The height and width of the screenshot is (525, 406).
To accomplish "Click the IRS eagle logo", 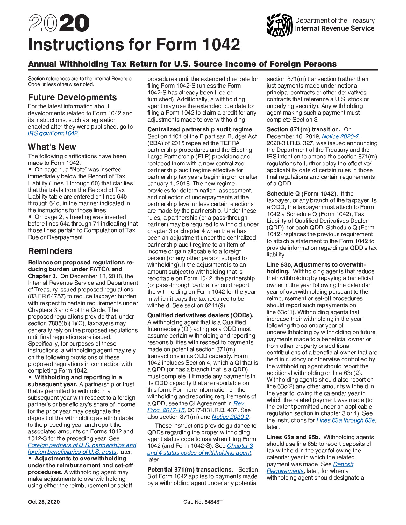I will point(279,25).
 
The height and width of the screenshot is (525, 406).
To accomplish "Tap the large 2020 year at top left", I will point(59,24).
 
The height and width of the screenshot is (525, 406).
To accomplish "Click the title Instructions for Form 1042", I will point(134,45).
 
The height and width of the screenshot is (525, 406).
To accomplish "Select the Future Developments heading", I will point(72,97).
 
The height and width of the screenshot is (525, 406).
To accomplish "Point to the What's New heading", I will point(52,147).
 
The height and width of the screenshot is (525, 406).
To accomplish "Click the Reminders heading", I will point(50,251).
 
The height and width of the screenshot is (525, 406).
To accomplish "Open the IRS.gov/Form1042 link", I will point(53,133).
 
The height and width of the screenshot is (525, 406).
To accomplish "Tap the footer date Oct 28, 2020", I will point(44,502).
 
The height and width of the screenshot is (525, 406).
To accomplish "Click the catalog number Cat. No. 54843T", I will point(203,502).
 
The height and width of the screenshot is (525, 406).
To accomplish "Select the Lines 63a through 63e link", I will point(346,420).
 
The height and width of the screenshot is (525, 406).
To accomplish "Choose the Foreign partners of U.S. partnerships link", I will point(82,445).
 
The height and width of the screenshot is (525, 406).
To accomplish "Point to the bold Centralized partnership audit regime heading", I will point(200,129).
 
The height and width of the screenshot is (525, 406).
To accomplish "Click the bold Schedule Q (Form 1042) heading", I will point(302,194).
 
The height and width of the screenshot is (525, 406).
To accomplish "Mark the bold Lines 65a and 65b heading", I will point(293,437).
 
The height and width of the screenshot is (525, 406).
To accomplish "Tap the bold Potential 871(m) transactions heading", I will point(190,470).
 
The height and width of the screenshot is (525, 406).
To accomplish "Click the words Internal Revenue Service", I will point(334,29).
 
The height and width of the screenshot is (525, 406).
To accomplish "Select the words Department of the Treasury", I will point(335,20).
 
